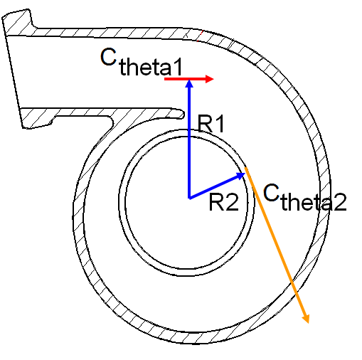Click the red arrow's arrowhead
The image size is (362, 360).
[210, 79]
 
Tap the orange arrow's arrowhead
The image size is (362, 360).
[306, 318]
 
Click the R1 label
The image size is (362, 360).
[211, 123]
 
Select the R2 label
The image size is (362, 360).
[223, 202]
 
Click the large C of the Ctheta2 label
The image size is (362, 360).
[271, 192]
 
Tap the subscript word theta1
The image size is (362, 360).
[151, 67]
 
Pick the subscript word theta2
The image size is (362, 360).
[314, 201]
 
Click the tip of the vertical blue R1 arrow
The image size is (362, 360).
[189, 80]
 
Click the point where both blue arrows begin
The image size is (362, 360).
[189, 198]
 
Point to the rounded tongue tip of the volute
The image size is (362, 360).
[182, 114]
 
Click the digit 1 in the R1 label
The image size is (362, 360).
[220, 123]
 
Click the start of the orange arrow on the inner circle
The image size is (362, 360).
[245, 167]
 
